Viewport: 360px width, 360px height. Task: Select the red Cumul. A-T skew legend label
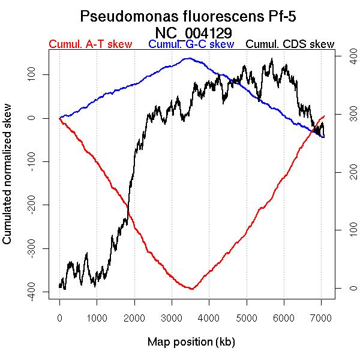pos(90,44)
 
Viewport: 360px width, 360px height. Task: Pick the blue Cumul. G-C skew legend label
pos(191,44)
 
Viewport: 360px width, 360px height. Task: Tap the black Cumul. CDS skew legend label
pos(290,44)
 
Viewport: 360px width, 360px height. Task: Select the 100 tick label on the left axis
pos(36,74)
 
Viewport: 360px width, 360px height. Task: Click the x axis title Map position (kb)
pos(191,343)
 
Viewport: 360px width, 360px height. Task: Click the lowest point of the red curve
pos(191,289)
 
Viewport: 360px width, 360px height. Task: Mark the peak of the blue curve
pos(189,58)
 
